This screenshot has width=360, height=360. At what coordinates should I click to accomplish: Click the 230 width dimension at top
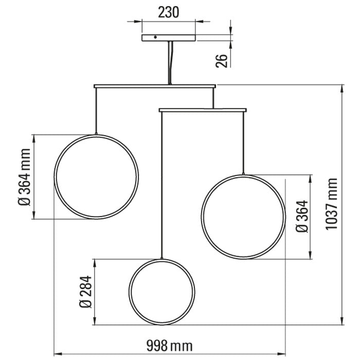[168, 12]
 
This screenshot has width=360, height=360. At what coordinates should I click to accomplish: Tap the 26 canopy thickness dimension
[221, 61]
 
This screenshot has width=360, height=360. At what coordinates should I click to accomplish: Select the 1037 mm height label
[331, 204]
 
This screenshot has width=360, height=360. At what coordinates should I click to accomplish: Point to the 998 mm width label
[169, 346]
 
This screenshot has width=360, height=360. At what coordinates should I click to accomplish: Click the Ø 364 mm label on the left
[24, 177]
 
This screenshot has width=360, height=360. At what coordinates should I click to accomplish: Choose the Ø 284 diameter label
[85, 292]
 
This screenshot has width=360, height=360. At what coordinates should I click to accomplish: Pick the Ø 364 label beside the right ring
[302, 217]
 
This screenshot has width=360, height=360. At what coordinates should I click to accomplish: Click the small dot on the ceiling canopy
[155, 37]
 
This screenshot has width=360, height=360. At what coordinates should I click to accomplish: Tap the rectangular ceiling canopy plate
[169, 38]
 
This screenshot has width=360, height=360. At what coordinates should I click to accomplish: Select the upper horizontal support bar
[155, 86]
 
